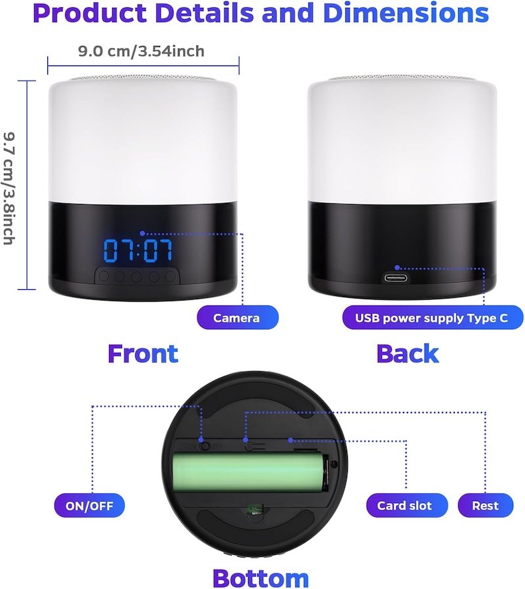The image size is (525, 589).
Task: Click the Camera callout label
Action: pyautogui.click(x=238, y=318)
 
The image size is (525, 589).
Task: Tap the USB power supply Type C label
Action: pyautogui.click(x=432, y=318)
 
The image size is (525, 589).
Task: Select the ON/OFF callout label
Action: pyautogui.click(x=89, y=506)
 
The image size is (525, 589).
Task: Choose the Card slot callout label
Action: pyautogui.click(x=407, y=506)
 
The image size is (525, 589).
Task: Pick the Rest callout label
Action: pyautogui.click(x=485, y=506)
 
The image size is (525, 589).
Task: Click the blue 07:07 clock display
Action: pyautogui.click(x=138, y=250)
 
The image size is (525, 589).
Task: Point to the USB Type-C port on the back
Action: pyautogui.click(x=396, y=278)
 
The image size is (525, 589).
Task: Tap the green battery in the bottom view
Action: pyautogui.click(x=250, y=472)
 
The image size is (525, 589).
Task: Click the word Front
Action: pyautogui.click(x=143, y=354)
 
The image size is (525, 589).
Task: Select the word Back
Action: pyautogui.click(x=408, y=354)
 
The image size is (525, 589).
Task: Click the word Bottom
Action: pyautogui.click(x=261, y=578)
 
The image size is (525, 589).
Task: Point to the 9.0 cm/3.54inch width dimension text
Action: pyautogui.click(x=141, y=51)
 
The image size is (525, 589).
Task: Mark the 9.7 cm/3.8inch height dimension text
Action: pyautogui.click(x=9, y=188)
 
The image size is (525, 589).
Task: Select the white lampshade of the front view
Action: pyautogui.click(x=143, y=141)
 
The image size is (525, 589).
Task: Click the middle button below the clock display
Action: pyautogui.click(x=136, y=277)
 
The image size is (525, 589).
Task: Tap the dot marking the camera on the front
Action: pyautogui.click(x=142, y=234)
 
